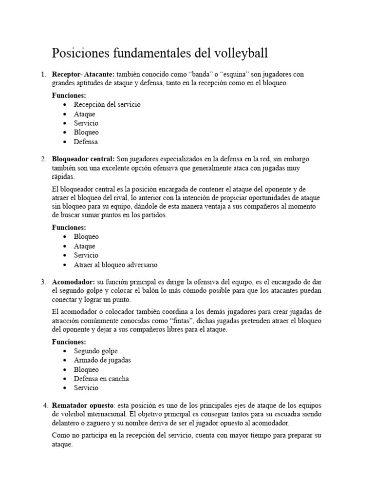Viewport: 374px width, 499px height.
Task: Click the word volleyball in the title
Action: pos(241,53)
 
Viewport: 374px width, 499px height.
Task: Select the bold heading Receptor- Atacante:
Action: pos(83,74)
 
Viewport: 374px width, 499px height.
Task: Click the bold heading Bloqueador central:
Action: pos(83,159)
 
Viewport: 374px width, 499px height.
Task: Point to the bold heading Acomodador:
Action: pos(74,282)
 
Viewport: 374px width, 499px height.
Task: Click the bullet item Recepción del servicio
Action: pos(107,104)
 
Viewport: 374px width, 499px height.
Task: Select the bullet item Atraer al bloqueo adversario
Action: pos(116,265)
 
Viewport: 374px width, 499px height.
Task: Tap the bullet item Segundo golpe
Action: pos(96,351)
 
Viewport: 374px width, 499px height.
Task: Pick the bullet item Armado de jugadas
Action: pos(102,360)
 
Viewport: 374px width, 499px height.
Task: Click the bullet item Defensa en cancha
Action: pos(101,379)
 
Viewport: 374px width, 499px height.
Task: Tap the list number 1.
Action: pos(43,74)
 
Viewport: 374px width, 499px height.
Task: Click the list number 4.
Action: pos(46,405)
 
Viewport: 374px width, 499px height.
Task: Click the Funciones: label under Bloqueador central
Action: pos(69,227)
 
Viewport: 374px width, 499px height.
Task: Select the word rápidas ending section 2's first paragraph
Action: pos(63,177)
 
